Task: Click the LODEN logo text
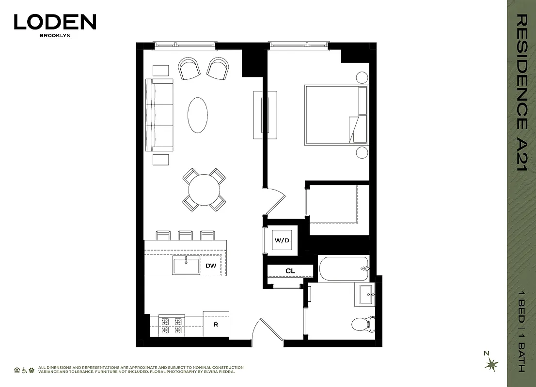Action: coord(55,22)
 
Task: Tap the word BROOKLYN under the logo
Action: coord(55,35)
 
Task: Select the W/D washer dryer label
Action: coord(282,240)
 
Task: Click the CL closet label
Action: coord(290,271)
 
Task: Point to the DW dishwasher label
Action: coord(210,266)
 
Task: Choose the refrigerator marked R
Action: coord(216,324)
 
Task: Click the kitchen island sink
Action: coord(186,266)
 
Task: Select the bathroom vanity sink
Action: coord(365,295)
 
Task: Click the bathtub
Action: coord(344,268)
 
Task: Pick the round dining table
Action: coord(204,190)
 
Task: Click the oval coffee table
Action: coord(197,115)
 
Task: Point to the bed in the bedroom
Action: coord(335,115)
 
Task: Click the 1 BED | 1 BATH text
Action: coord(521,330)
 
